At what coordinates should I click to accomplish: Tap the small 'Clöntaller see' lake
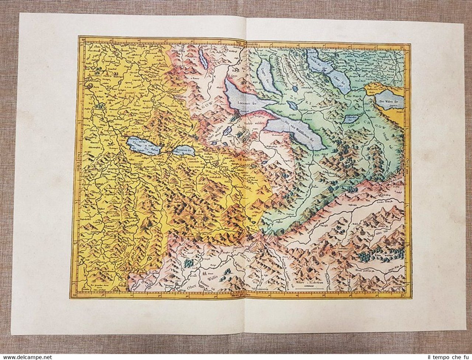pos(353,117)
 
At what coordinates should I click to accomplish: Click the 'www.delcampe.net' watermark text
pos(26,357)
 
